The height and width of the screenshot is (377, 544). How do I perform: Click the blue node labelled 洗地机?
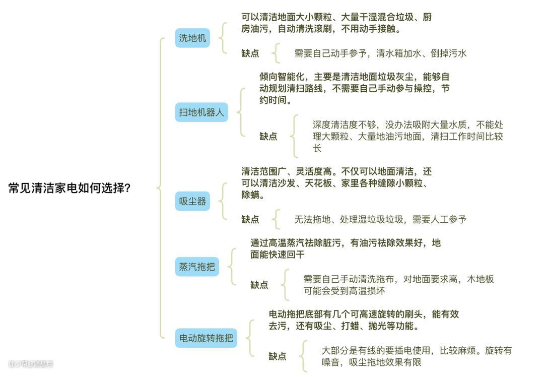coord(192,38)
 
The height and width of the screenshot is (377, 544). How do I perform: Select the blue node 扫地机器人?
coord(201,112)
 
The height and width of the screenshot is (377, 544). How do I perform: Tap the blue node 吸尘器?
coord(192,201)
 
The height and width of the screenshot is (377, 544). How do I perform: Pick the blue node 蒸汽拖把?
coord(197,266)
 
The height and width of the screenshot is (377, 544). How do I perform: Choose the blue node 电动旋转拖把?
coord(206,338)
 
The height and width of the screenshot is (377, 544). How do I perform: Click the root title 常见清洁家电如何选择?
coord(70,188)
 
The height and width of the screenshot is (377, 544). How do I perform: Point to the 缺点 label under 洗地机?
coord(250,53)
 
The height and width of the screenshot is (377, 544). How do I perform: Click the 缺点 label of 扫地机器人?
coord(268,136)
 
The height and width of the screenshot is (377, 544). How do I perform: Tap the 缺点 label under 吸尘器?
coord(250,219)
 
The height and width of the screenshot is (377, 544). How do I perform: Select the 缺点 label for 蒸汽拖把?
coord(259,285)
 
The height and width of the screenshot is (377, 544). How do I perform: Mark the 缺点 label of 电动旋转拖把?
coord(277,356)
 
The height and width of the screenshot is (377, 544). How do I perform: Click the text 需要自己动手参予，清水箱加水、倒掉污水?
coord(380,53)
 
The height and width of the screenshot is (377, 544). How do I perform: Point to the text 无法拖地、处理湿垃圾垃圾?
coord(353,219)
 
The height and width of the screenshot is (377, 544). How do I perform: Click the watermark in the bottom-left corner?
coord(30,363)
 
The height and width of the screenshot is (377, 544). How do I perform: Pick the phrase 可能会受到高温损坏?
coord(344,291)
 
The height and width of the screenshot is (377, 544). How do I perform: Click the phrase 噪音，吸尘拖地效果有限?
coord(371,362)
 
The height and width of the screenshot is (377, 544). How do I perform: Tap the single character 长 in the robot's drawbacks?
coord(317,148)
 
